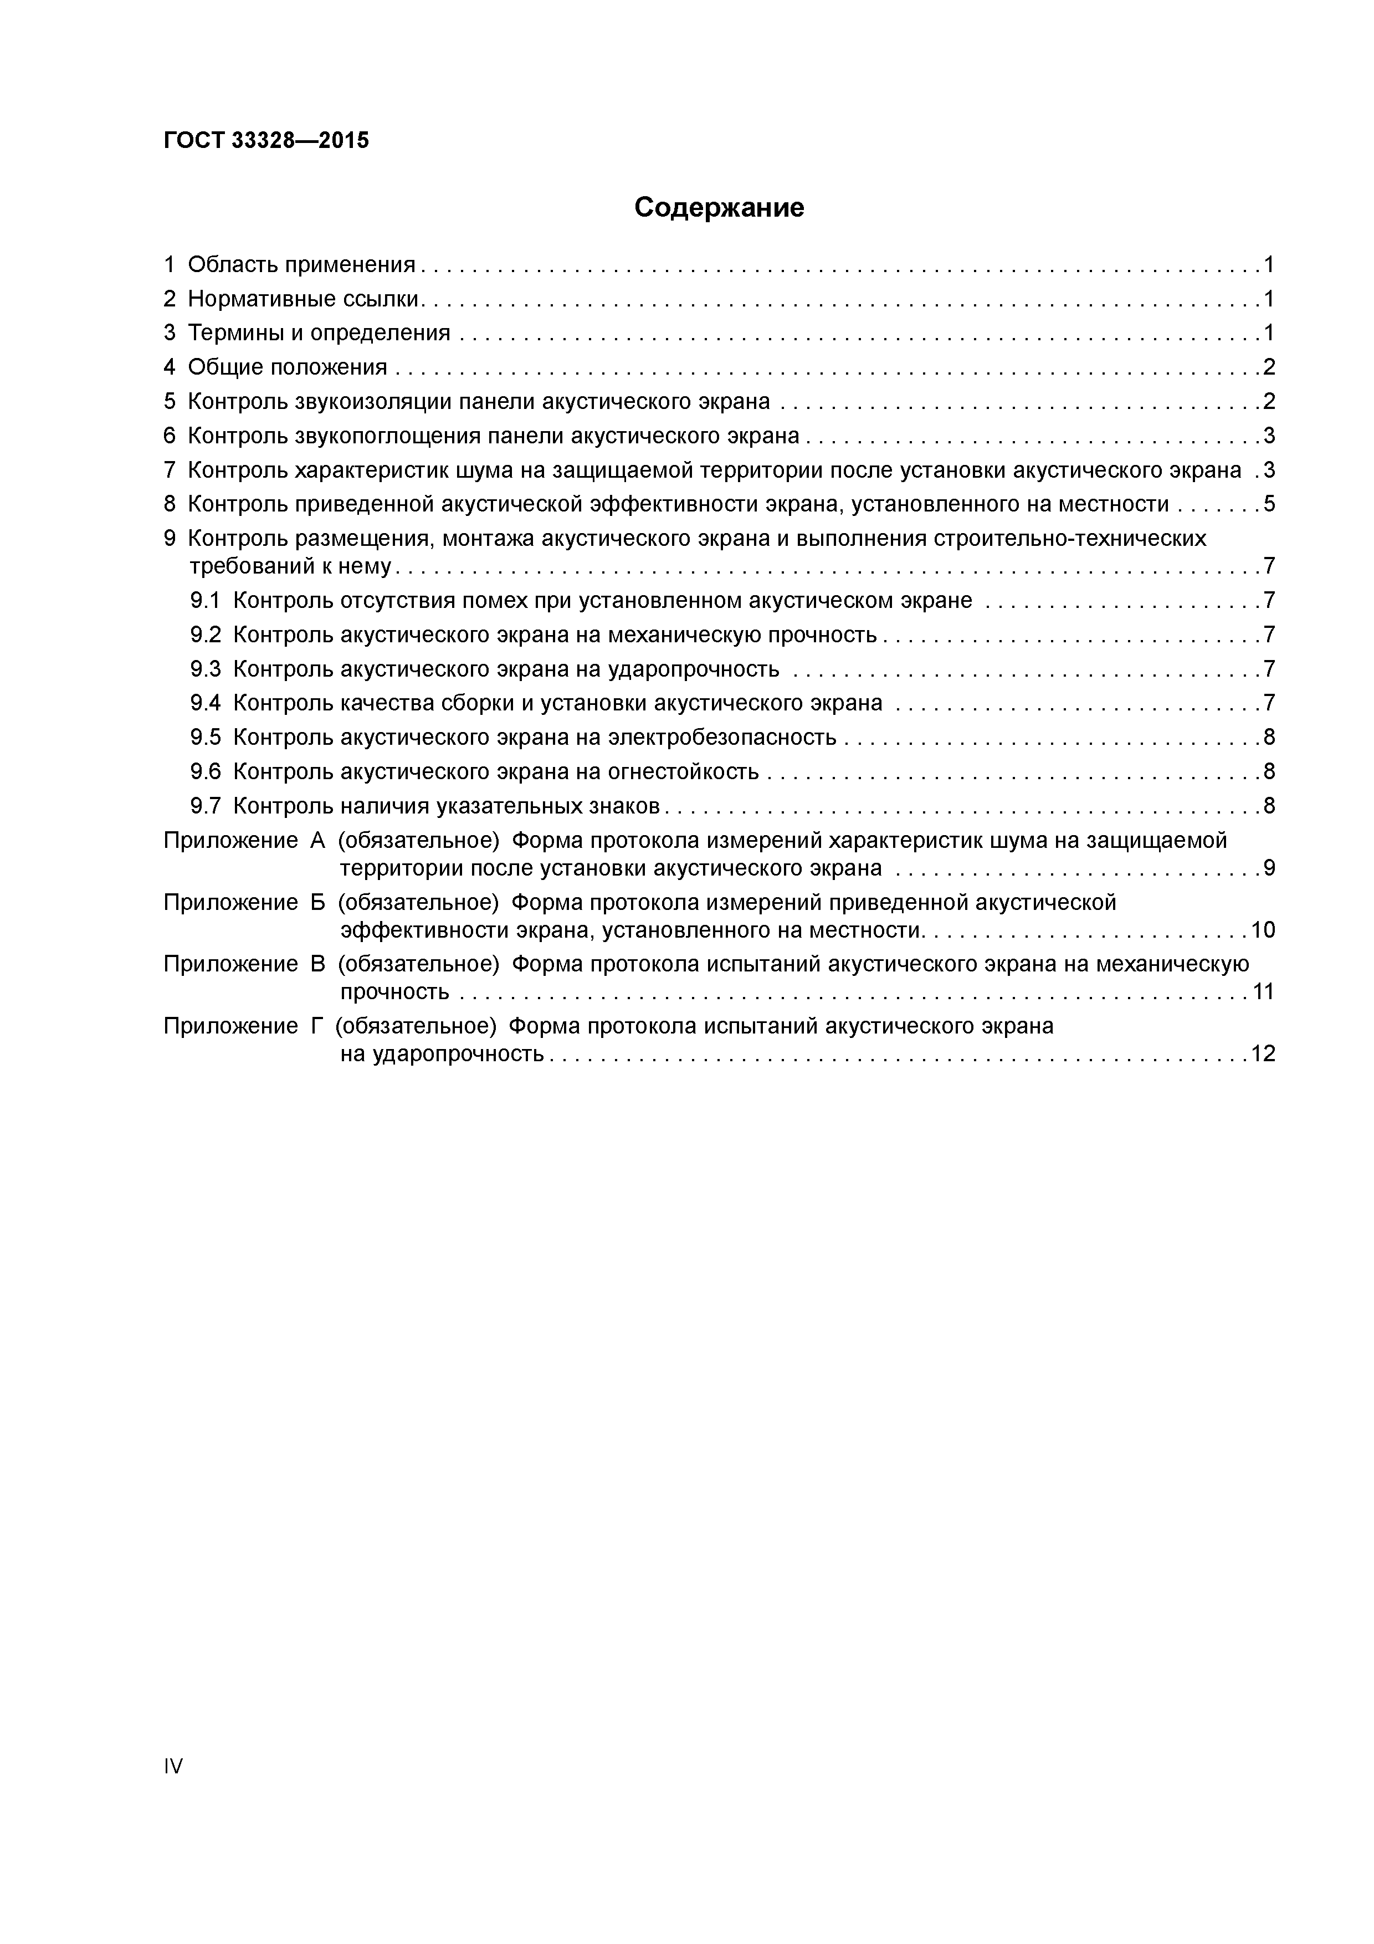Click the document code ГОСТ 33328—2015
266,141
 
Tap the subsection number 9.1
205,601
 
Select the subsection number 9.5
205,738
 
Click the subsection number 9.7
205,806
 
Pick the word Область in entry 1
233,265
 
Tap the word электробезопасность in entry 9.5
722,738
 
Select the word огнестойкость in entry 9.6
683,772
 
